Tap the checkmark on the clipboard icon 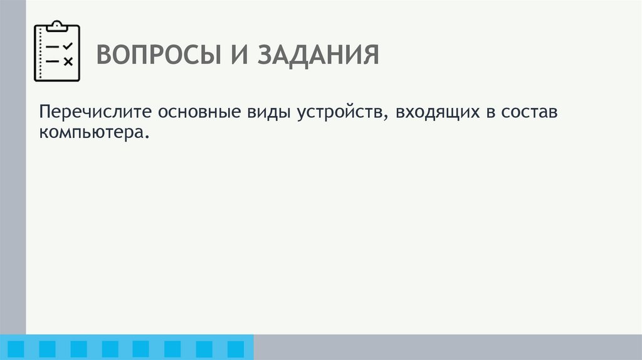68,46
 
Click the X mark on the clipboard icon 68,61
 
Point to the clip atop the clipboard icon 57,25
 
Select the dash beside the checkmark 53,47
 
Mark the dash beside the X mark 53,61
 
